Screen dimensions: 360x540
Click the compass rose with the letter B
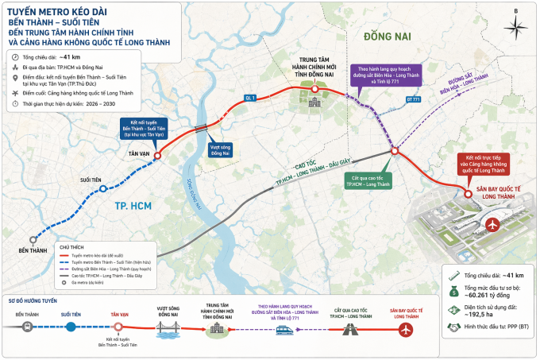(x=517, y=23)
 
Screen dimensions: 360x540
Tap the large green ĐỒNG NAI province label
(x=386, y=37)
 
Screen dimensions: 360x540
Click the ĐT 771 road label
(x=414, y=100)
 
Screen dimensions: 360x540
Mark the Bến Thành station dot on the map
(x=33, y=238)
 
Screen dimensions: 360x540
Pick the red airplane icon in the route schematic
(x=407, y=329)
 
